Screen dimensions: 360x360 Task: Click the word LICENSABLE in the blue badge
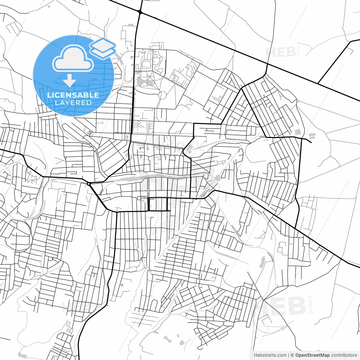coord(73,95)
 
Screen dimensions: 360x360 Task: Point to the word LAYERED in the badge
coord(73,103)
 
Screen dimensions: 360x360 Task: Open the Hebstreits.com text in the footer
coord(270,355)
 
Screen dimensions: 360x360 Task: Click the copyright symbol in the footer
coord(292,355)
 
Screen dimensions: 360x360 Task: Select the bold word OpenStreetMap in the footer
coord(312,355)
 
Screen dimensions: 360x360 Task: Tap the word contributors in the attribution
coord(344,355)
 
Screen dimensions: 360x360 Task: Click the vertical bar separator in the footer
coord(289,355)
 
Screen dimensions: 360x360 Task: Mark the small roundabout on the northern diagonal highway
coord(140,12)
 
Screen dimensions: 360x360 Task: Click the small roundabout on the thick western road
coord(89,184)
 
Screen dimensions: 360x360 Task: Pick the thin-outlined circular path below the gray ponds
coord(162,95)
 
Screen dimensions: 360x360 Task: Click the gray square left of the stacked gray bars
coord(297,132)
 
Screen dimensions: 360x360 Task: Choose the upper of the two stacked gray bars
coord(312,135)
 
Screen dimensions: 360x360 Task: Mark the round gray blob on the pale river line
coord(218,177)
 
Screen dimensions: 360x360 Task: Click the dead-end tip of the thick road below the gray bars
coord(311,142)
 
